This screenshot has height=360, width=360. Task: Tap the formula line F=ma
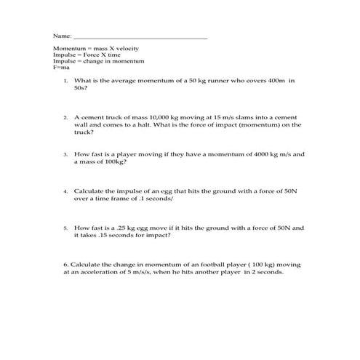point(60,68)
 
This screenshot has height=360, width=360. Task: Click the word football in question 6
point(199,265)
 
